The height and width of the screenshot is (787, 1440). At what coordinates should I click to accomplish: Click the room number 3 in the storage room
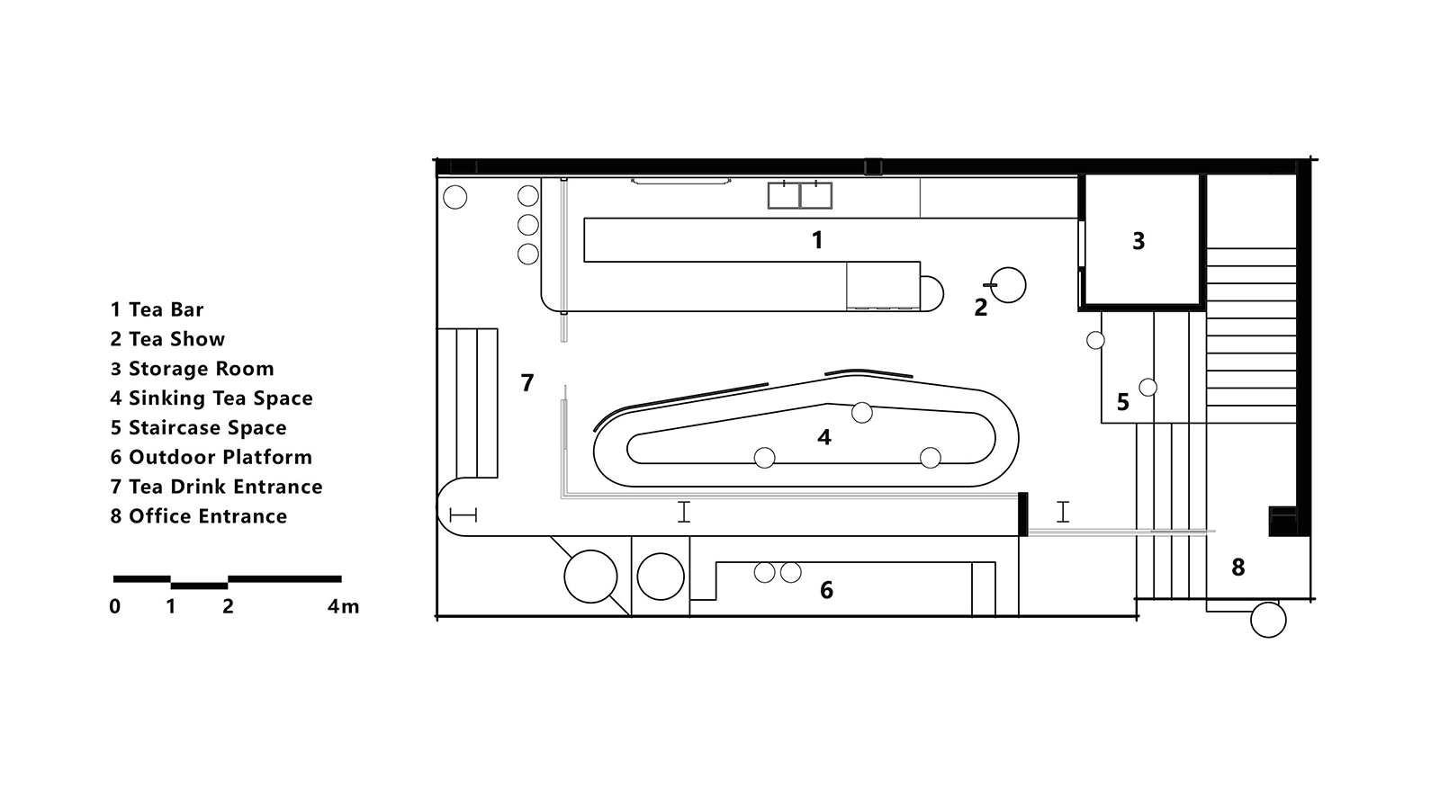[x=1138, y=241]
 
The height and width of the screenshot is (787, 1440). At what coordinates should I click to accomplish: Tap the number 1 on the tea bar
[x=817, y=240]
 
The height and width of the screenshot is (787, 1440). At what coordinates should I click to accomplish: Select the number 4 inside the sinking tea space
[x=824, y=437]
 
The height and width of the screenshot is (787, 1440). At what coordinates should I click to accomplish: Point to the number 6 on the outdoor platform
[x=827, y=590]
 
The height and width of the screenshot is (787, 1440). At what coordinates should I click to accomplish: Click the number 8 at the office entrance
[x=1238, y=568]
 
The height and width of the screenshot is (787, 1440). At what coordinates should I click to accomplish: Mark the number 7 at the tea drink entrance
[x=527, y=383]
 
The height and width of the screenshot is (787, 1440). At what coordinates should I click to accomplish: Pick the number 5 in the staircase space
[x=1123, y=402]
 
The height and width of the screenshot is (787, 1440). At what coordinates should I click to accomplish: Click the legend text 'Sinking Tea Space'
[x=220, y=398]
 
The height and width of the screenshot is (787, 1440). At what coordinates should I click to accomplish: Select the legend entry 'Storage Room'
[x=202, y=369]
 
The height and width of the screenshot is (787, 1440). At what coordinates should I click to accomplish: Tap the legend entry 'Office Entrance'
[x=208, y=516]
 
